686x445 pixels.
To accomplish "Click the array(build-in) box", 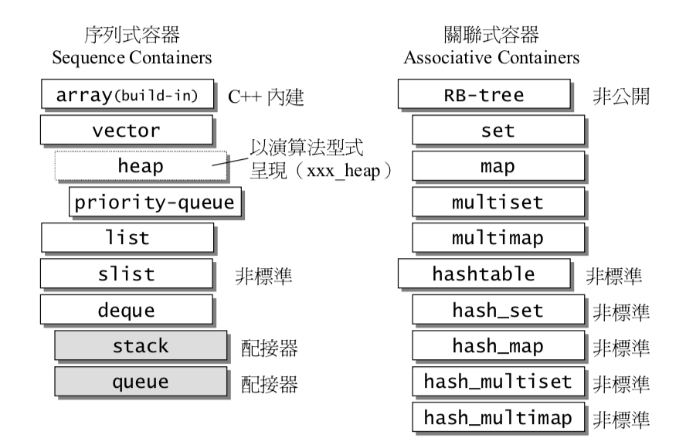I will tap(126, 96).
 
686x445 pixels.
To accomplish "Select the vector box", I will tap(126, 131).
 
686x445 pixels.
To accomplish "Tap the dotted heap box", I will tap(141, 165).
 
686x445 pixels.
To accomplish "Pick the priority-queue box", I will tap(154, 202).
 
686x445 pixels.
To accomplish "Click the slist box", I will tap(126, 273).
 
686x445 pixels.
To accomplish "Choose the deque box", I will tap(126, 311).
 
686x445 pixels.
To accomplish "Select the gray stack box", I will tap(141, 345).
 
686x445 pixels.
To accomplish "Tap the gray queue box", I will tap(141, 382).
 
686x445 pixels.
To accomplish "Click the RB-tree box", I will tap(484, 96).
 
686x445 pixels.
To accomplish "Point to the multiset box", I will tap(498, 202).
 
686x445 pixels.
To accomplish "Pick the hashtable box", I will tap(484, 273).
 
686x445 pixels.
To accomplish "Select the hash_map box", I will tap(498, 345).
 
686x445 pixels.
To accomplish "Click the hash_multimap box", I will tap(498, 418).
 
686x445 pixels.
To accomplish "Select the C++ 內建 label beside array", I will tap(267, 97).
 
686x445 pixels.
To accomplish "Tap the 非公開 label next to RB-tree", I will tap(621, 97).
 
